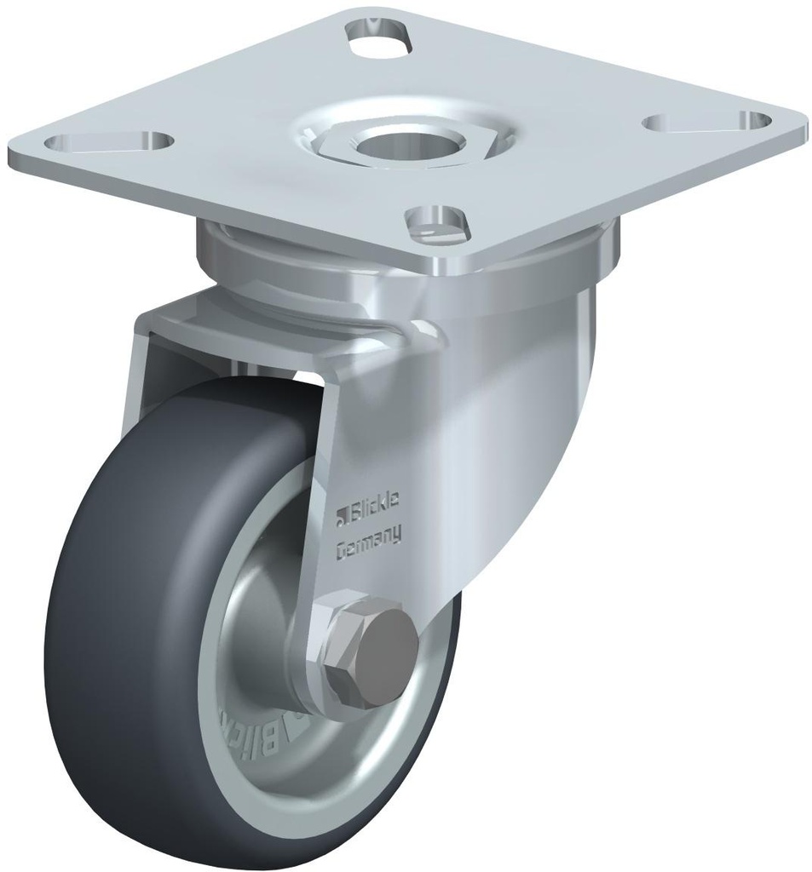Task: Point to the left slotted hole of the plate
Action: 110,142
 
